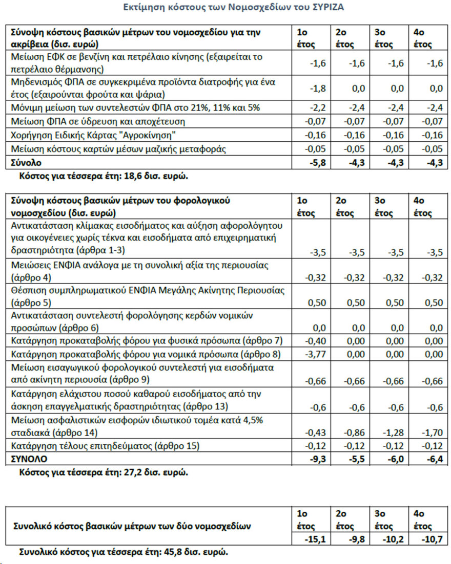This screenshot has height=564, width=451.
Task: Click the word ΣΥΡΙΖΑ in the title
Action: click(326, 8)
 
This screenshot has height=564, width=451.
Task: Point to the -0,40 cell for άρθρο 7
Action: click(315, 340)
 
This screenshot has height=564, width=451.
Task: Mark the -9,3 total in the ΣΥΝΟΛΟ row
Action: click(317, 458)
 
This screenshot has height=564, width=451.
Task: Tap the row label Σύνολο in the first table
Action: click(25, 163)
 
